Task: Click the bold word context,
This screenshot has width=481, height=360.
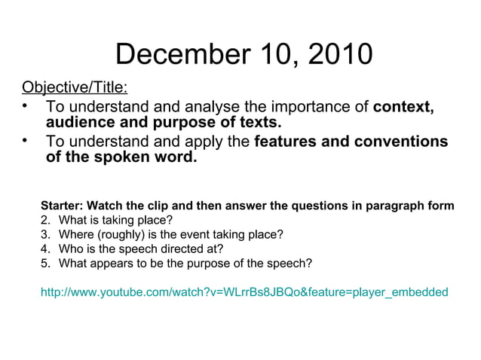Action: [403, 107]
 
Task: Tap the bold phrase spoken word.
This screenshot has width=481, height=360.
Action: [142, 158]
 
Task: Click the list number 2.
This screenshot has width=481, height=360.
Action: [44, 220]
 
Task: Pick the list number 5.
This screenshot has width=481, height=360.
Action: [44, 263]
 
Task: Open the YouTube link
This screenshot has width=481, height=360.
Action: [244, 291]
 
